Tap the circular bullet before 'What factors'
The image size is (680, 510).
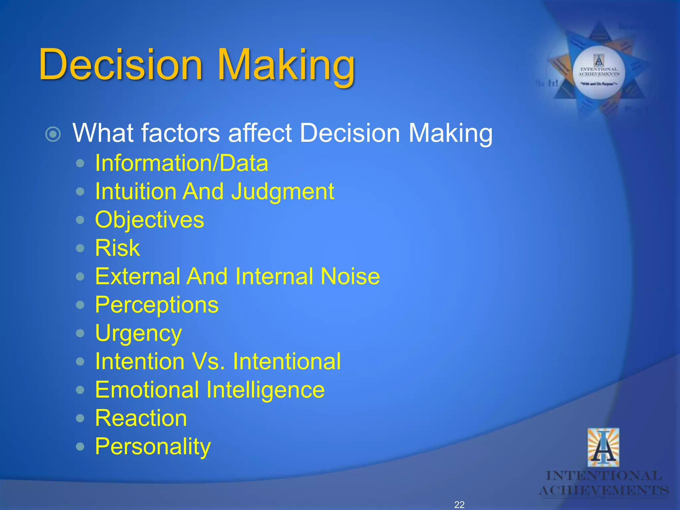click(53, 134)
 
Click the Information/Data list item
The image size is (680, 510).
click(181, 163)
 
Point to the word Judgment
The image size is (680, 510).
click(283, 192)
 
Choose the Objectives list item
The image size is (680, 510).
click(149, 220)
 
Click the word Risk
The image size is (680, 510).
click(117, 248)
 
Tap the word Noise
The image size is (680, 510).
click(350, 276)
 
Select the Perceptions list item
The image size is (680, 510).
click(157, 305)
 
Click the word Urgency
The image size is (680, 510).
click(138, 333)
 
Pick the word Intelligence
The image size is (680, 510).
click(265, 390)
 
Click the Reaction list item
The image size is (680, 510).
click(141, 418)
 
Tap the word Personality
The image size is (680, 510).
click(153, 447)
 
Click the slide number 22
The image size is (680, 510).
click(459, 505)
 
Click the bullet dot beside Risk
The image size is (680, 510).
click(80, 248)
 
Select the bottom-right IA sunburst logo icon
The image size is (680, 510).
click(603, 447)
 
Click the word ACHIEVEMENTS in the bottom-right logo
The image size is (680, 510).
click(604, 490)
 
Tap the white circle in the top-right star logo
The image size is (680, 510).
click(599, 72)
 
